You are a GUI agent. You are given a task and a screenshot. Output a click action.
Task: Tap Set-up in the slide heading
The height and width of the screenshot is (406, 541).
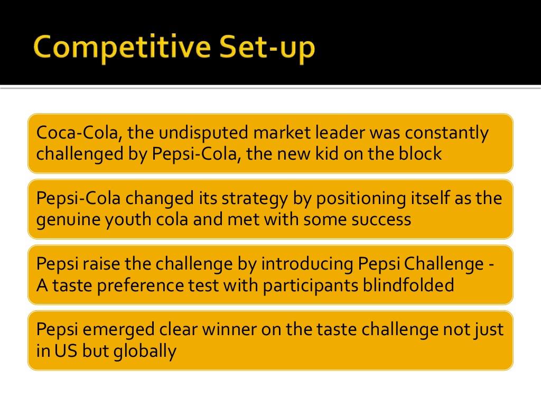[267, 47]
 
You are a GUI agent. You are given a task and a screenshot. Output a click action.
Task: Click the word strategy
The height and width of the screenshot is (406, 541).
[255, 199]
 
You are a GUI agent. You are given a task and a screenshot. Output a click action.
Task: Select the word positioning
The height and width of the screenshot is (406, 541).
[361, 199]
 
